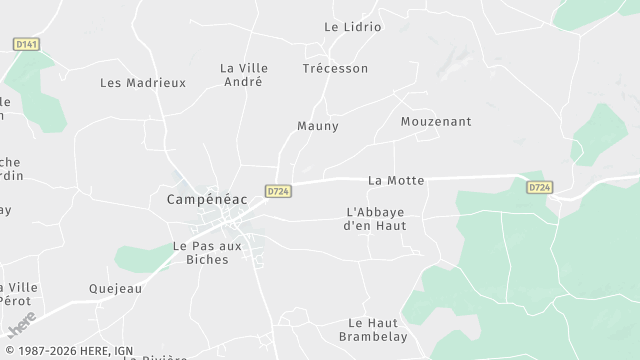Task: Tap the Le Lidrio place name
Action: (353, 27)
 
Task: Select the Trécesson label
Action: (335, 68)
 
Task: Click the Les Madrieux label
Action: (143, 83)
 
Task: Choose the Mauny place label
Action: (318, 126)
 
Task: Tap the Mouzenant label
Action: (436, 121)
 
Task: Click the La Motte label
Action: (396, 180)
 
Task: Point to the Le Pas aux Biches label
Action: (200, 252)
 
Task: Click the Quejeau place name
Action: (115, 288)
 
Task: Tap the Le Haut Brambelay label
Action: (373, 330)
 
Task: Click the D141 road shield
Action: (26, 44)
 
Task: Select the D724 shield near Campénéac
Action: (278, 190)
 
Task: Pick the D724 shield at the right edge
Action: (540, 187)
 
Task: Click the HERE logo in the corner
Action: (21, 323)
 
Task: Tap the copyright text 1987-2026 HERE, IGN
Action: (68, 351)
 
